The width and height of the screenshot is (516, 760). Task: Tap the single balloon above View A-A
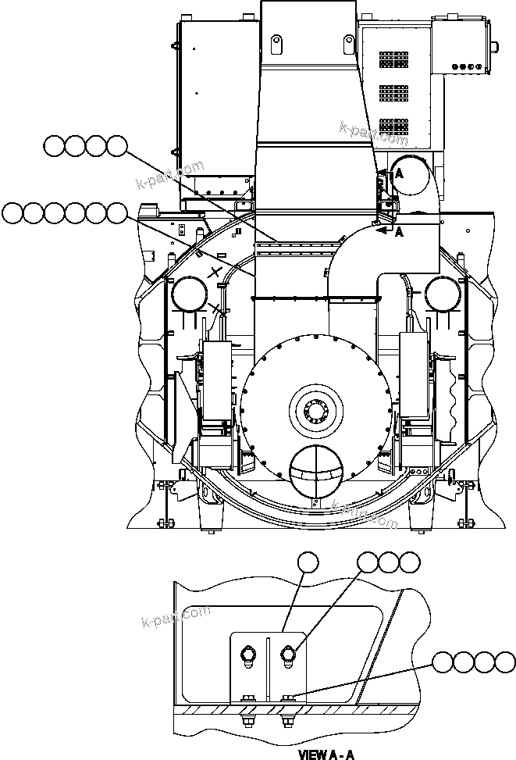pos(310,562)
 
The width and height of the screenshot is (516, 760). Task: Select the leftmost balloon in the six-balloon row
pos(13,212)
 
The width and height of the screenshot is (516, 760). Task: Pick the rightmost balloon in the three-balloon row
pos(409,562)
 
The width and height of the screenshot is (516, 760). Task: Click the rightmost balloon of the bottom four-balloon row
pos(505,662)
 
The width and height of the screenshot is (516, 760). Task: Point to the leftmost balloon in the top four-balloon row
pos(55,145)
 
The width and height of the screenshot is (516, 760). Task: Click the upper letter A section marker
pos(398,175)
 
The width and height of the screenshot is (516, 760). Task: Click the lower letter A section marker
pos(399,232)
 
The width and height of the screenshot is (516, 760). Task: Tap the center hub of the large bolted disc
pos(315,407)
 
